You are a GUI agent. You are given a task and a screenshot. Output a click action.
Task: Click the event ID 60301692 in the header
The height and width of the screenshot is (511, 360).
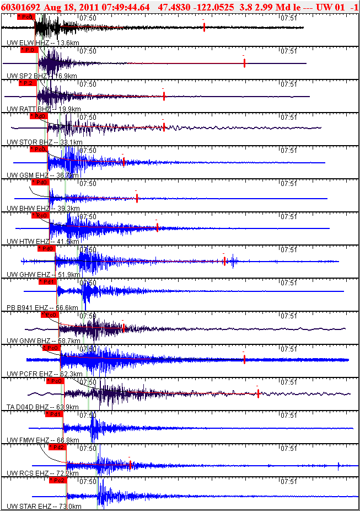point(20,7)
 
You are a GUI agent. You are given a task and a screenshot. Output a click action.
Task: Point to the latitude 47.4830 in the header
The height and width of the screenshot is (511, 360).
point(174,7)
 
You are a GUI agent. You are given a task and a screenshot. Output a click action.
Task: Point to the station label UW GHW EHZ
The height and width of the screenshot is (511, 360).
point(28,274)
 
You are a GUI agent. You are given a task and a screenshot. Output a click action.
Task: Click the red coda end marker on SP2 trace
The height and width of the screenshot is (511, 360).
point(244,63)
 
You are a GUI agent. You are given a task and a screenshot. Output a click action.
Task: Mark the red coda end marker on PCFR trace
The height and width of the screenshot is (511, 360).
point(244,359)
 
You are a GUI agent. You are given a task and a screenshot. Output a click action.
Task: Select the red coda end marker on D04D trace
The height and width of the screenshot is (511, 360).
point(258,393)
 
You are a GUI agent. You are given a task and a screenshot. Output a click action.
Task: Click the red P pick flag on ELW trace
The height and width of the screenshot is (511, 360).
point(25,17)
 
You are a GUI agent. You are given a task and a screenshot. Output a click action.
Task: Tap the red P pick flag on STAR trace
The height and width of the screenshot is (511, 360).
point(57,480)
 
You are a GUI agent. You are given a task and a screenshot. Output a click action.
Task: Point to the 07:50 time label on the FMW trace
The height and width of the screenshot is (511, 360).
point(88,415)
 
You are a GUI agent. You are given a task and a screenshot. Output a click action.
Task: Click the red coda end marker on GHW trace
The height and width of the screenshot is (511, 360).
point(224,261)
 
